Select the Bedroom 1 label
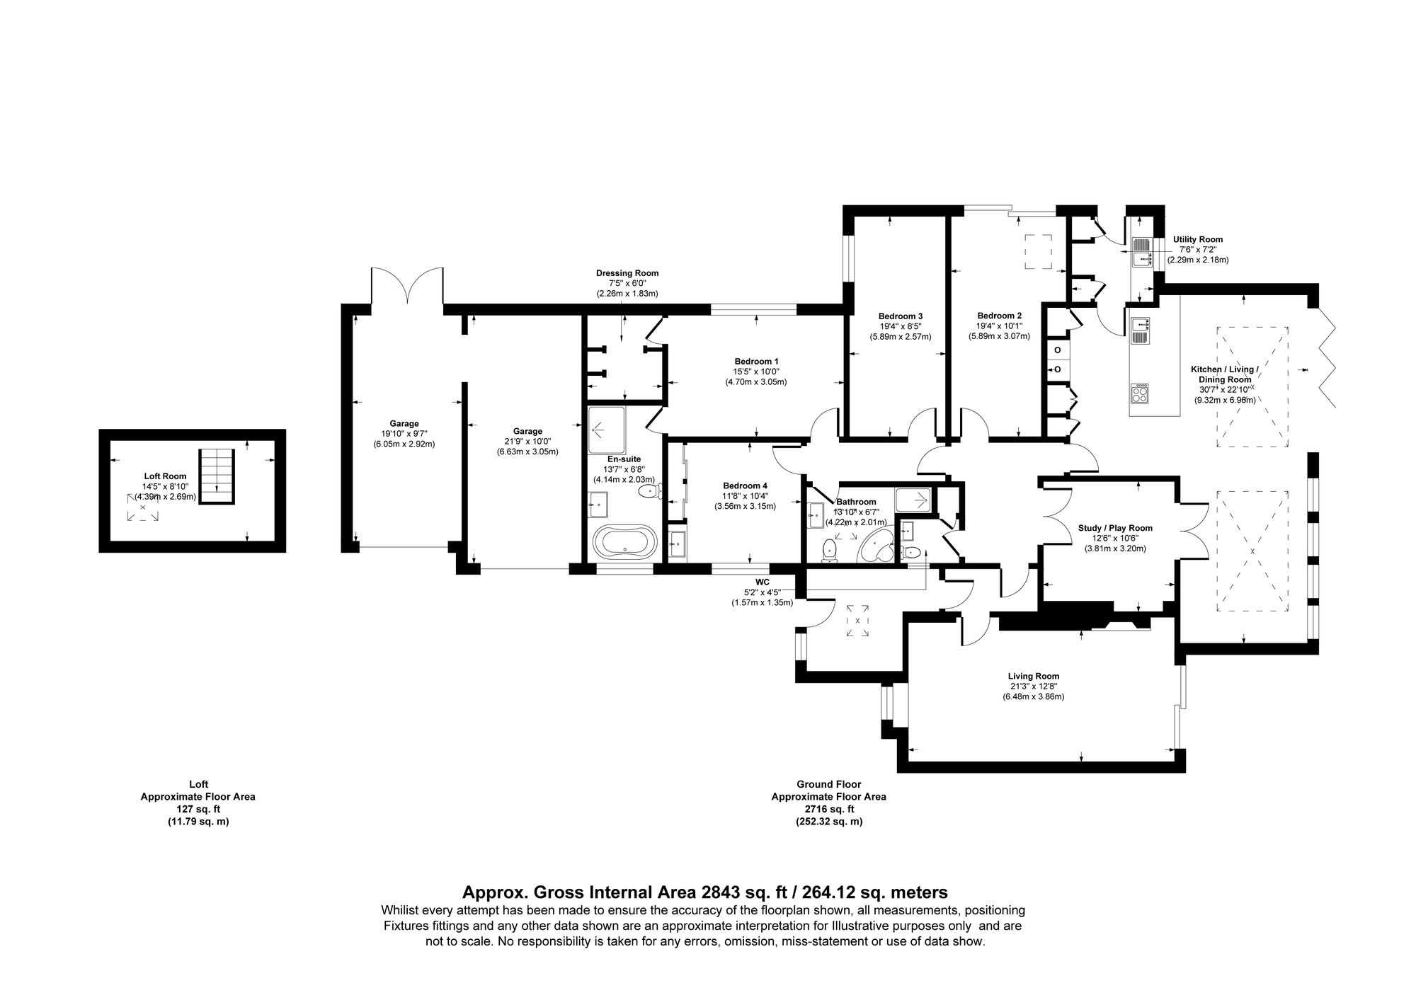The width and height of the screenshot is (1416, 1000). [x=755, y=361]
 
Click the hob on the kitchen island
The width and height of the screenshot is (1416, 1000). [x=1140, y=393]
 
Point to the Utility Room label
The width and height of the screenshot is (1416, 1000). [x=1198, y=239]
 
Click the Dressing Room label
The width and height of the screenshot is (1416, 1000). [x=627, y=273]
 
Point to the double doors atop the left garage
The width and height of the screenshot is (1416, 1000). [x=407, y=287]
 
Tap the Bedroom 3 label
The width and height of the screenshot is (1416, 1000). [x=900, y=316]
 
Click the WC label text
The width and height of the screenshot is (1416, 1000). [x=762, y=582]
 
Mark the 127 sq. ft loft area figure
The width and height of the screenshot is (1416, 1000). [x=198, y=809]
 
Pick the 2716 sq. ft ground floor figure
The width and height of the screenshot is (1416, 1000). [x=828, y=809]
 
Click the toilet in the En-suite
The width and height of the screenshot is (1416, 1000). [x=648, y=490]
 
